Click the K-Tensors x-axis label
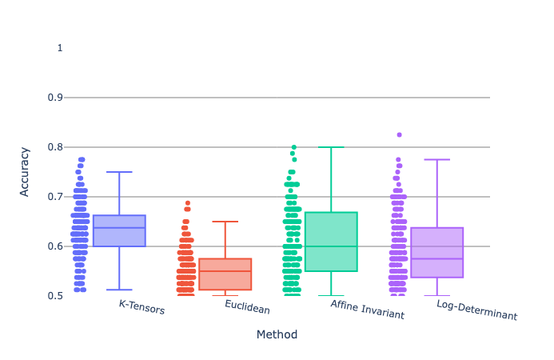point(141,307)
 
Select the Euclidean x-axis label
point(247,307)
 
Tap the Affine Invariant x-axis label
point(367,310)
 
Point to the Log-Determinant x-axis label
point(476,310)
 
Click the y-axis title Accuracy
point(26,172)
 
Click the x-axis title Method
point(277,334)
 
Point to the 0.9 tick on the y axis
point(55,98)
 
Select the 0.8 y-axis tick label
point(55,147)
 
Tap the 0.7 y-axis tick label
point(55,197)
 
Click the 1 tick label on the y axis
point(60,48)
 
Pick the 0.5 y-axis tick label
point(55,296)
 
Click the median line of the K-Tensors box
point(119,228)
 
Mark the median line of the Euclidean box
point(225,271)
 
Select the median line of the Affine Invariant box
point(331,246)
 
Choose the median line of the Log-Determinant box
point(437,258)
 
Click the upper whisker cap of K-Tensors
point(119,172)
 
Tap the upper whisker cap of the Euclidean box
point(225,222)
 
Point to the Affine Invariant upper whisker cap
point(331,147)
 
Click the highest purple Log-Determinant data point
point(399,135)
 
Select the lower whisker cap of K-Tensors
point(119,290)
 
